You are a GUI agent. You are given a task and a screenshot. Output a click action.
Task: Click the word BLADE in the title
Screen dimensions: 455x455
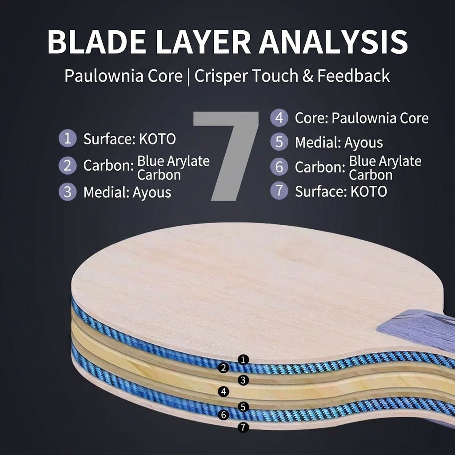click(x=97, y=41)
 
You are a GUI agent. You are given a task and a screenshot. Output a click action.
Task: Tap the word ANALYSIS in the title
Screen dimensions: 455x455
click(x=333, y=41)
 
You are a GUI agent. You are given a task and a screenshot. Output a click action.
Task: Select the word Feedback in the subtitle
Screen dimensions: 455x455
click(x=353, y=76)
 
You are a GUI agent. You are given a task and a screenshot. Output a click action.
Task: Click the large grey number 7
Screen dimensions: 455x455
click(x=226, y=156)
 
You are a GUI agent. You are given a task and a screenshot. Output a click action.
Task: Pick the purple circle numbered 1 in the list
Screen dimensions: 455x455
click(x=68, y=138)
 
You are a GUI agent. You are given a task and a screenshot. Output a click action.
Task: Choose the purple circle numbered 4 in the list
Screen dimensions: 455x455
click(x=279, y=117)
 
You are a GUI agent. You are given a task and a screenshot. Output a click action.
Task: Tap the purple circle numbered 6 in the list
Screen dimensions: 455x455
click(x=279, y=167)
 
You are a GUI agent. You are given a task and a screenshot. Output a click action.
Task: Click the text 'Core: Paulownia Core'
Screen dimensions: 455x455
click(x=362, y=118)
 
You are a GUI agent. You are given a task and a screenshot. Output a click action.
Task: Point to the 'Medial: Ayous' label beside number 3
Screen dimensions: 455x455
click(x=127, y=192)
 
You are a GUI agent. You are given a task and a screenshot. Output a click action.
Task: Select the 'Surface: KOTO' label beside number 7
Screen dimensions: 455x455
click(x=341, y=192)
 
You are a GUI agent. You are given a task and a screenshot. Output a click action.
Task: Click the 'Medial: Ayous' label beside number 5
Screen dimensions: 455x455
click(x=339, y=143)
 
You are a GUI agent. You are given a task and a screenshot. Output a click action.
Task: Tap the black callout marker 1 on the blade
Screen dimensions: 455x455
click(x=243, y=360)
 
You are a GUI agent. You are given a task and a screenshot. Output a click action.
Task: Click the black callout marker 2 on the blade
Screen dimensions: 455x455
click(x=224, y=368)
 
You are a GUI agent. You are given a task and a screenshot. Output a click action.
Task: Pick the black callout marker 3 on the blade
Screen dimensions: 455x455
click(x=243, y=380)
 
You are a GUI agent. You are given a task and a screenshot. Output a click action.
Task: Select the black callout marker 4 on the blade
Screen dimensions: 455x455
click(x=224, y=392)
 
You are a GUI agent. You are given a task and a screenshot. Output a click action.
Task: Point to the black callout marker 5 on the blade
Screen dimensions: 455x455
click(x=243, y=407)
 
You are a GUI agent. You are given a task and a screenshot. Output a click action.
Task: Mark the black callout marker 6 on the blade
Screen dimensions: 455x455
click(x=224, y=415)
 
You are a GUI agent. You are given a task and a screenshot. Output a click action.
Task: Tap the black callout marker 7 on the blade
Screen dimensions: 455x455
click(x=243, y=427)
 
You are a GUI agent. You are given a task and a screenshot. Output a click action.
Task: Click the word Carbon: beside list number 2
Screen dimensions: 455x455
click(x=108, y=165)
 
